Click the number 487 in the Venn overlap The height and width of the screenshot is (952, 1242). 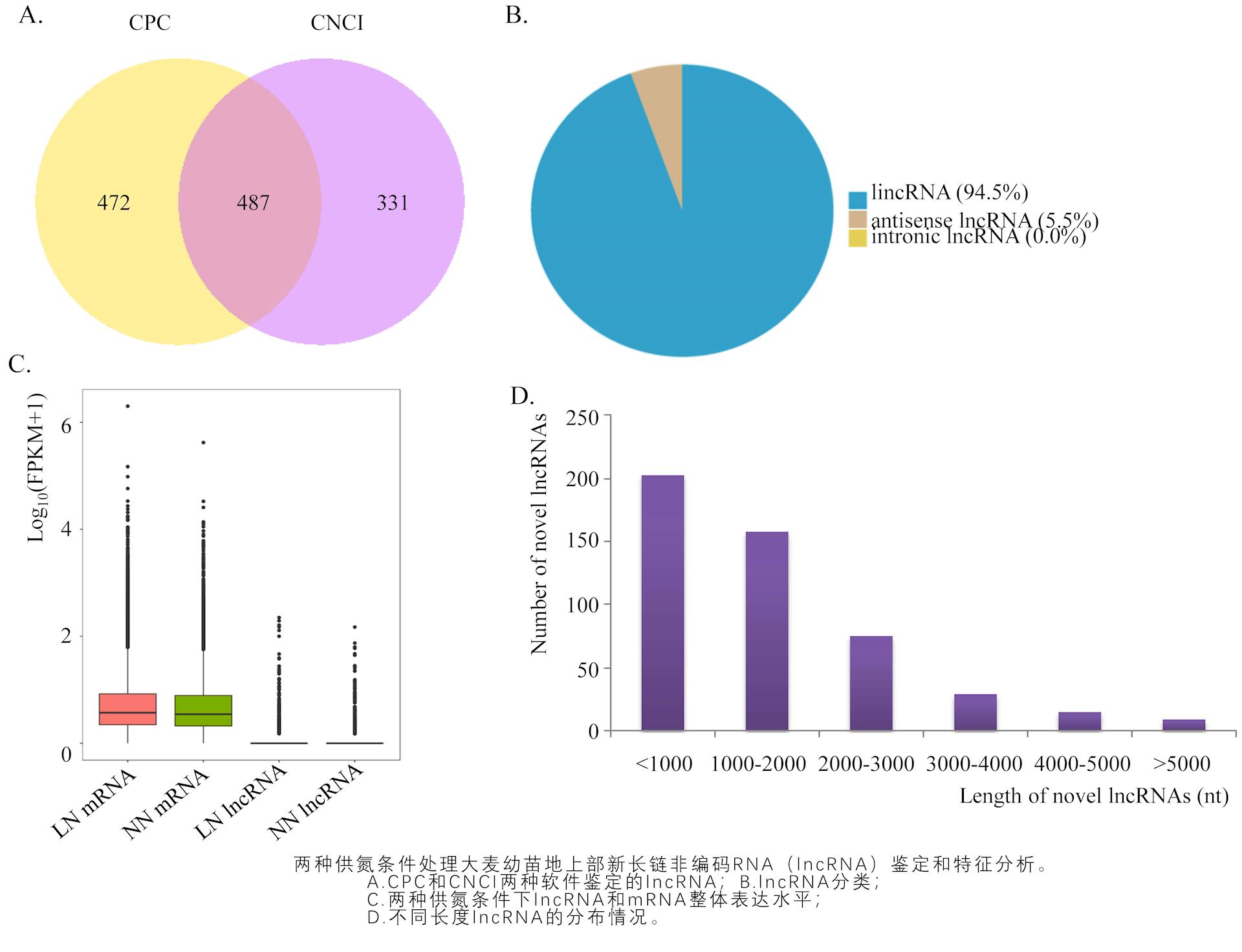pos(252,203)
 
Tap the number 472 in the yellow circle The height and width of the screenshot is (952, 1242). pos(113,203)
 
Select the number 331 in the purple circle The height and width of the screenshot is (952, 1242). pos(392,203)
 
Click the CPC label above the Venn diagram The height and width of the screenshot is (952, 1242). pos(149,23)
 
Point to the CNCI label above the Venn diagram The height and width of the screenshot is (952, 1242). pos(336,23)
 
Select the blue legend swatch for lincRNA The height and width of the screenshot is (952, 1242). pos(857,200)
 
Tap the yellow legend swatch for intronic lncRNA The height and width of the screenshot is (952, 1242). pos(857,238)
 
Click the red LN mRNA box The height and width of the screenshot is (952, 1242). pos(127,709)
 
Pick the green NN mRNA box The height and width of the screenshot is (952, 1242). pos(203,710)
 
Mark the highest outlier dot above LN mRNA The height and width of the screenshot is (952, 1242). pos(127,406)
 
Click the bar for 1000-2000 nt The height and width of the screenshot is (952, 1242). pos(767,631)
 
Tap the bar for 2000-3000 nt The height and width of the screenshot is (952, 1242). pos(871,683)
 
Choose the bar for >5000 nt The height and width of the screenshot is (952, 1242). pos(1184,725)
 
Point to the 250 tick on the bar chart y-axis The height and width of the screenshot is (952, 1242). pos(582,418)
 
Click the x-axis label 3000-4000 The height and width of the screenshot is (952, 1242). pos(974,764)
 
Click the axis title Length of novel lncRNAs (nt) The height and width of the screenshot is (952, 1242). pos(1093,796)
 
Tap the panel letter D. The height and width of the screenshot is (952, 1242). pos(521,396)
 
